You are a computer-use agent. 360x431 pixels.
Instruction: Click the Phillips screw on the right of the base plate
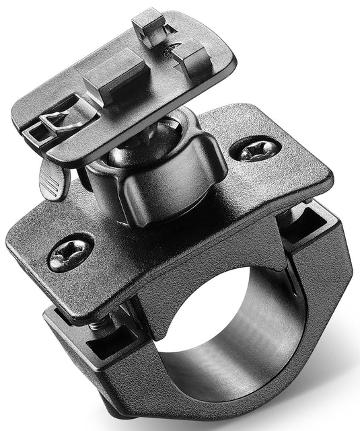tap(256, 151)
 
